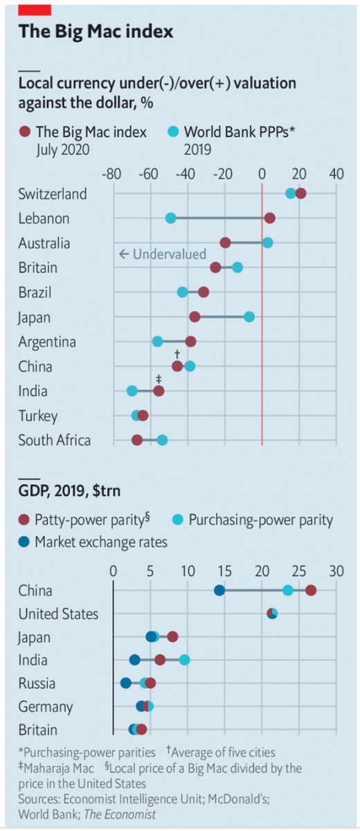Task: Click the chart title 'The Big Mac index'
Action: (96, 31)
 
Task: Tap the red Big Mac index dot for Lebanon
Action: (269, 218)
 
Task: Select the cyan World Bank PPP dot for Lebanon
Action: (171, 218)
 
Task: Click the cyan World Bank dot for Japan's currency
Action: (249, 316)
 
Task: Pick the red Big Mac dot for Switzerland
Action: (300, 193)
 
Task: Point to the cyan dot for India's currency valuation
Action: (132, 391)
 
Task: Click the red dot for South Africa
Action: (137, 440)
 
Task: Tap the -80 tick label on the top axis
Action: (112, 173)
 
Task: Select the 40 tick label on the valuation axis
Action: (336, 173)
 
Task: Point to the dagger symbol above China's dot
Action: (177, 354)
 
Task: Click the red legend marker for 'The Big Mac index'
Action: (24, 132)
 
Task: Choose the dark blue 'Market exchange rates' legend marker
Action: (24, 542)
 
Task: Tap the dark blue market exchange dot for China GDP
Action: (219, 590)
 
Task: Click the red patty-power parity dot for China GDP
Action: (311, 590)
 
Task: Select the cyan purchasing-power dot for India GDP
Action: (184, 660)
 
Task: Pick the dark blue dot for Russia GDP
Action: (126, 683)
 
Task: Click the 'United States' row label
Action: (58, 614)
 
